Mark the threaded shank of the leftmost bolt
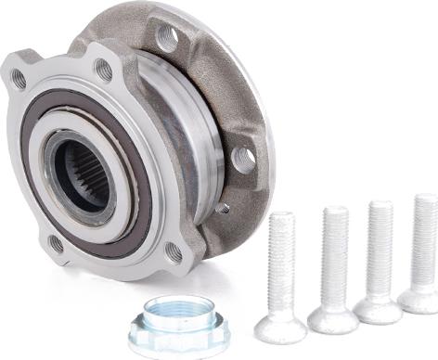pyautogui.click(x=282, y=261)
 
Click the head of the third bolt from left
pyautogui.click(x=378, y=308)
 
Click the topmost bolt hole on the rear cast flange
pyautogui.click(x=168, y=38)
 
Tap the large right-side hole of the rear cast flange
pyautogui.click(x=243, y=159)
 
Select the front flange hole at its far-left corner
pyautogui.click(x=18, y=78)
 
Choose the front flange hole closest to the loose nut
pyautogui.click(x=174, y=251)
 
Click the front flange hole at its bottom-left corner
pyautogui.click(x=56, y=244)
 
